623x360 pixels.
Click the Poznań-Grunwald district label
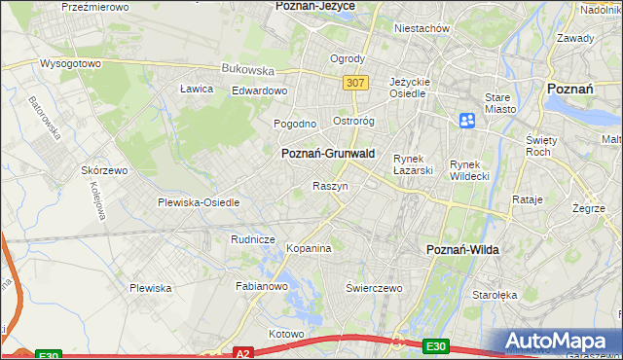pyautogui.click(x=327, y=154)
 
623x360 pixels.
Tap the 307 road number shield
pyautogui.click(x=355, y=83)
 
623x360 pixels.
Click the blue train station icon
pyautogui.click(x=467, y=121)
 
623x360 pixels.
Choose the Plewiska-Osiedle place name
pyautogui.click(x=199, y=202)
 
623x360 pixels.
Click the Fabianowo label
pyautogui.click(x=262, y=287)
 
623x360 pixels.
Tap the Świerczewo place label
pyautogui.click(x=374, y=288)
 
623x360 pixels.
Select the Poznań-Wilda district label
pyautogui.click(x=463, y=250)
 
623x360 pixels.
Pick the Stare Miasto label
pyautogui.click(x=500, y=104)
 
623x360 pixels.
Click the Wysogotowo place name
pyautogui.click(x=70, y=63)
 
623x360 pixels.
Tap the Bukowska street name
pyautogui.click(x=247, y=69)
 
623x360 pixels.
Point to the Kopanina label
pyautogui.click(x=309, y=248)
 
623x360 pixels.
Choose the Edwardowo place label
pyautogui.click(x=260, y=90)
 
